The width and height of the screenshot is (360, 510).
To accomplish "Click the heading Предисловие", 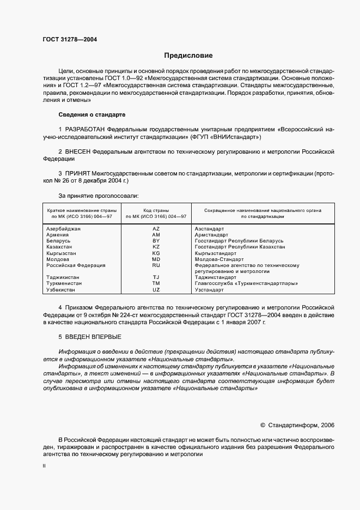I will (x=188, y=56).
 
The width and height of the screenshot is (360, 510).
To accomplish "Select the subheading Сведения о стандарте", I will (x=92, y=115).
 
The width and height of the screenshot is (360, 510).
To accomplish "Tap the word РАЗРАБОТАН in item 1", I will (x=86, y=129).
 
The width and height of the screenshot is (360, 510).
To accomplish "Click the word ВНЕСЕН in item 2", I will (x=78, y=150).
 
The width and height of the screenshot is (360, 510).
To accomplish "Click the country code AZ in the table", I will (x=156, y=229).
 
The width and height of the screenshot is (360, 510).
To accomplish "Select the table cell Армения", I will (x=58, y=235).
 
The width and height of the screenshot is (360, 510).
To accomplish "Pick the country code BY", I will (x=156, y=241).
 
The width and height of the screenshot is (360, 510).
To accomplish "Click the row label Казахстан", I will (x=60, y=247).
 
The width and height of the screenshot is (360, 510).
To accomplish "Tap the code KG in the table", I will (x=156, y=253).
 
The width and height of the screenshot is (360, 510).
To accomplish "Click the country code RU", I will (x=156, y=265).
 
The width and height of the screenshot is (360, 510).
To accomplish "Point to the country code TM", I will (x=156, y=283).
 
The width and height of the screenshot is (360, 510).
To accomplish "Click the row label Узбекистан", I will (x=62, y=290).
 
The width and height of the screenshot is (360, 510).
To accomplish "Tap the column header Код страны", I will (x=156, y=210).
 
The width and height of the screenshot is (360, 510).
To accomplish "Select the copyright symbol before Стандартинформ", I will (x=263, y=425).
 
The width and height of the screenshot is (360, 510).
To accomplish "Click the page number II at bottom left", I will (x=44, y=466).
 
